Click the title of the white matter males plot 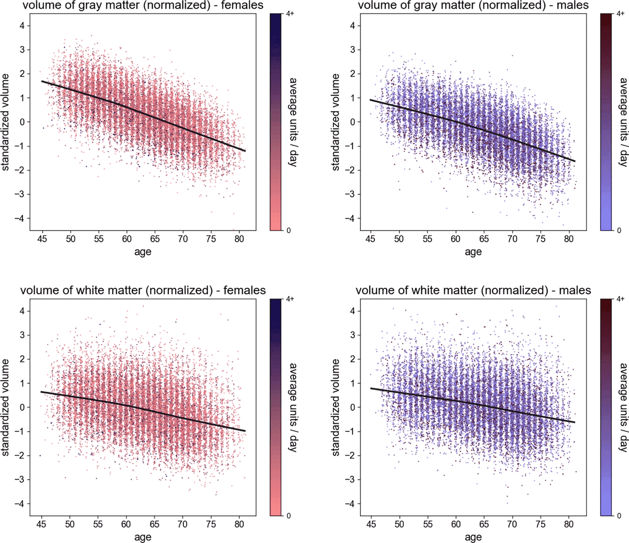pyautogui.click(x=473, y=291)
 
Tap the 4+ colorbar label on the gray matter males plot pyautogui.click(x=621, y=14)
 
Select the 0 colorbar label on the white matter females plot pyautogui.click(x=288, y=516)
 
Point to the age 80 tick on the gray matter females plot pyautogui.click(x=239, y=239)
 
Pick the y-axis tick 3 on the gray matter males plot pyautogui.click(x=352, y=50)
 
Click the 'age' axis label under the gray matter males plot pyautogui.click(x=473, y=251)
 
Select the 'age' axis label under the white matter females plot pyautogui.click(x=143, y=537)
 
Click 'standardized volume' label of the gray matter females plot pyautogui.click(x=6, y=122)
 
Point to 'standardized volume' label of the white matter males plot pyautogui.click(x=335, y=408)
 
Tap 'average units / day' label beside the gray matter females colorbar pyautogui.click(x=292, y=122)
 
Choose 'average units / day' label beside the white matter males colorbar pyautogui.click(x=623, y=407)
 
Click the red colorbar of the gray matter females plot pyautogui.click(x=276, y=122)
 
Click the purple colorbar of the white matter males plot pyautogui.click(x=607, y=407)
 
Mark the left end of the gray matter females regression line pyautogui.click(x=42, y=81)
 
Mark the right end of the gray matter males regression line pyautogui.click(x=575, y=161)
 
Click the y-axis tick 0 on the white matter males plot pyautogui.click(x=352, y=408)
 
